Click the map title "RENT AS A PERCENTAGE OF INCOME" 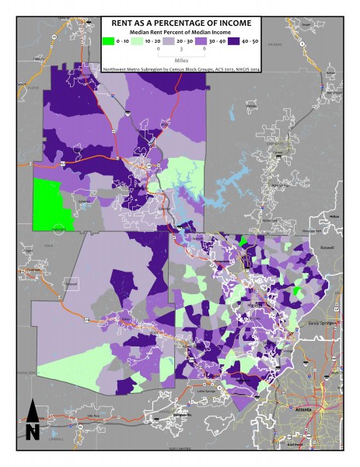[180, 23]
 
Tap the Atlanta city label [303, 408]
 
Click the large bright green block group [52, 202]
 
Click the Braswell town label [72, 284]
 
